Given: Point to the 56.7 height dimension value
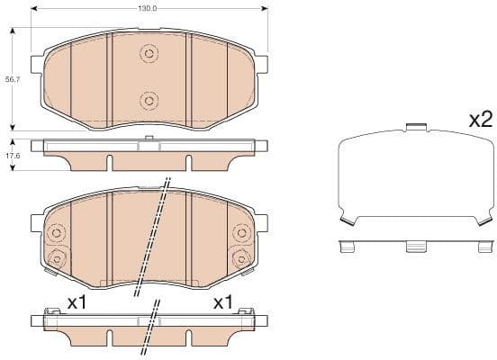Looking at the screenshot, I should pos(12,80).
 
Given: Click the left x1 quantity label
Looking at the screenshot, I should pos(77,302).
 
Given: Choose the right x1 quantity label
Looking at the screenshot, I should pos(222,302).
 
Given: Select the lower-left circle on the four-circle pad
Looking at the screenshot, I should pos(56,260).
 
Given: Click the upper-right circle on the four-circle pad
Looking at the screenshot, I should pos(241,233).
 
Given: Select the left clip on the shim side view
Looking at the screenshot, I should pos(345,245).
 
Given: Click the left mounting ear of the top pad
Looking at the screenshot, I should pos(37,67).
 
